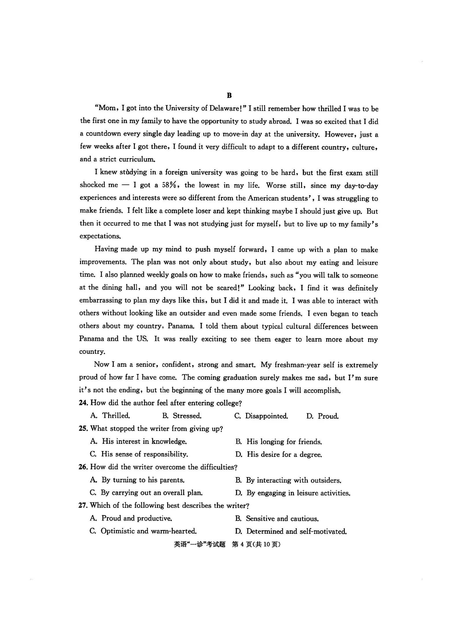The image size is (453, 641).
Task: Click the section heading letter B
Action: (x=229, y=95)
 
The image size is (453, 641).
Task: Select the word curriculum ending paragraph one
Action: (x=137, y=159)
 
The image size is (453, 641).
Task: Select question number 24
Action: (x=84, y=403)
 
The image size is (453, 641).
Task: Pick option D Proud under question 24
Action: (x=322, y=416)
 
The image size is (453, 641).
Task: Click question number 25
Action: (x=84, y=429)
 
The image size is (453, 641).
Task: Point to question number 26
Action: (x=84, y=467)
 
